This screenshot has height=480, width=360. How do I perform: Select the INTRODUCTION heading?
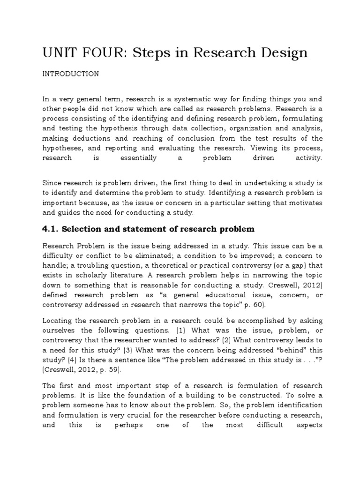70,74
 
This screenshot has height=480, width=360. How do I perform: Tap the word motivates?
303,202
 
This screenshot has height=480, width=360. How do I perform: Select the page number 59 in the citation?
112,369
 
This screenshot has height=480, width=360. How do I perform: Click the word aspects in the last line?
307,425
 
